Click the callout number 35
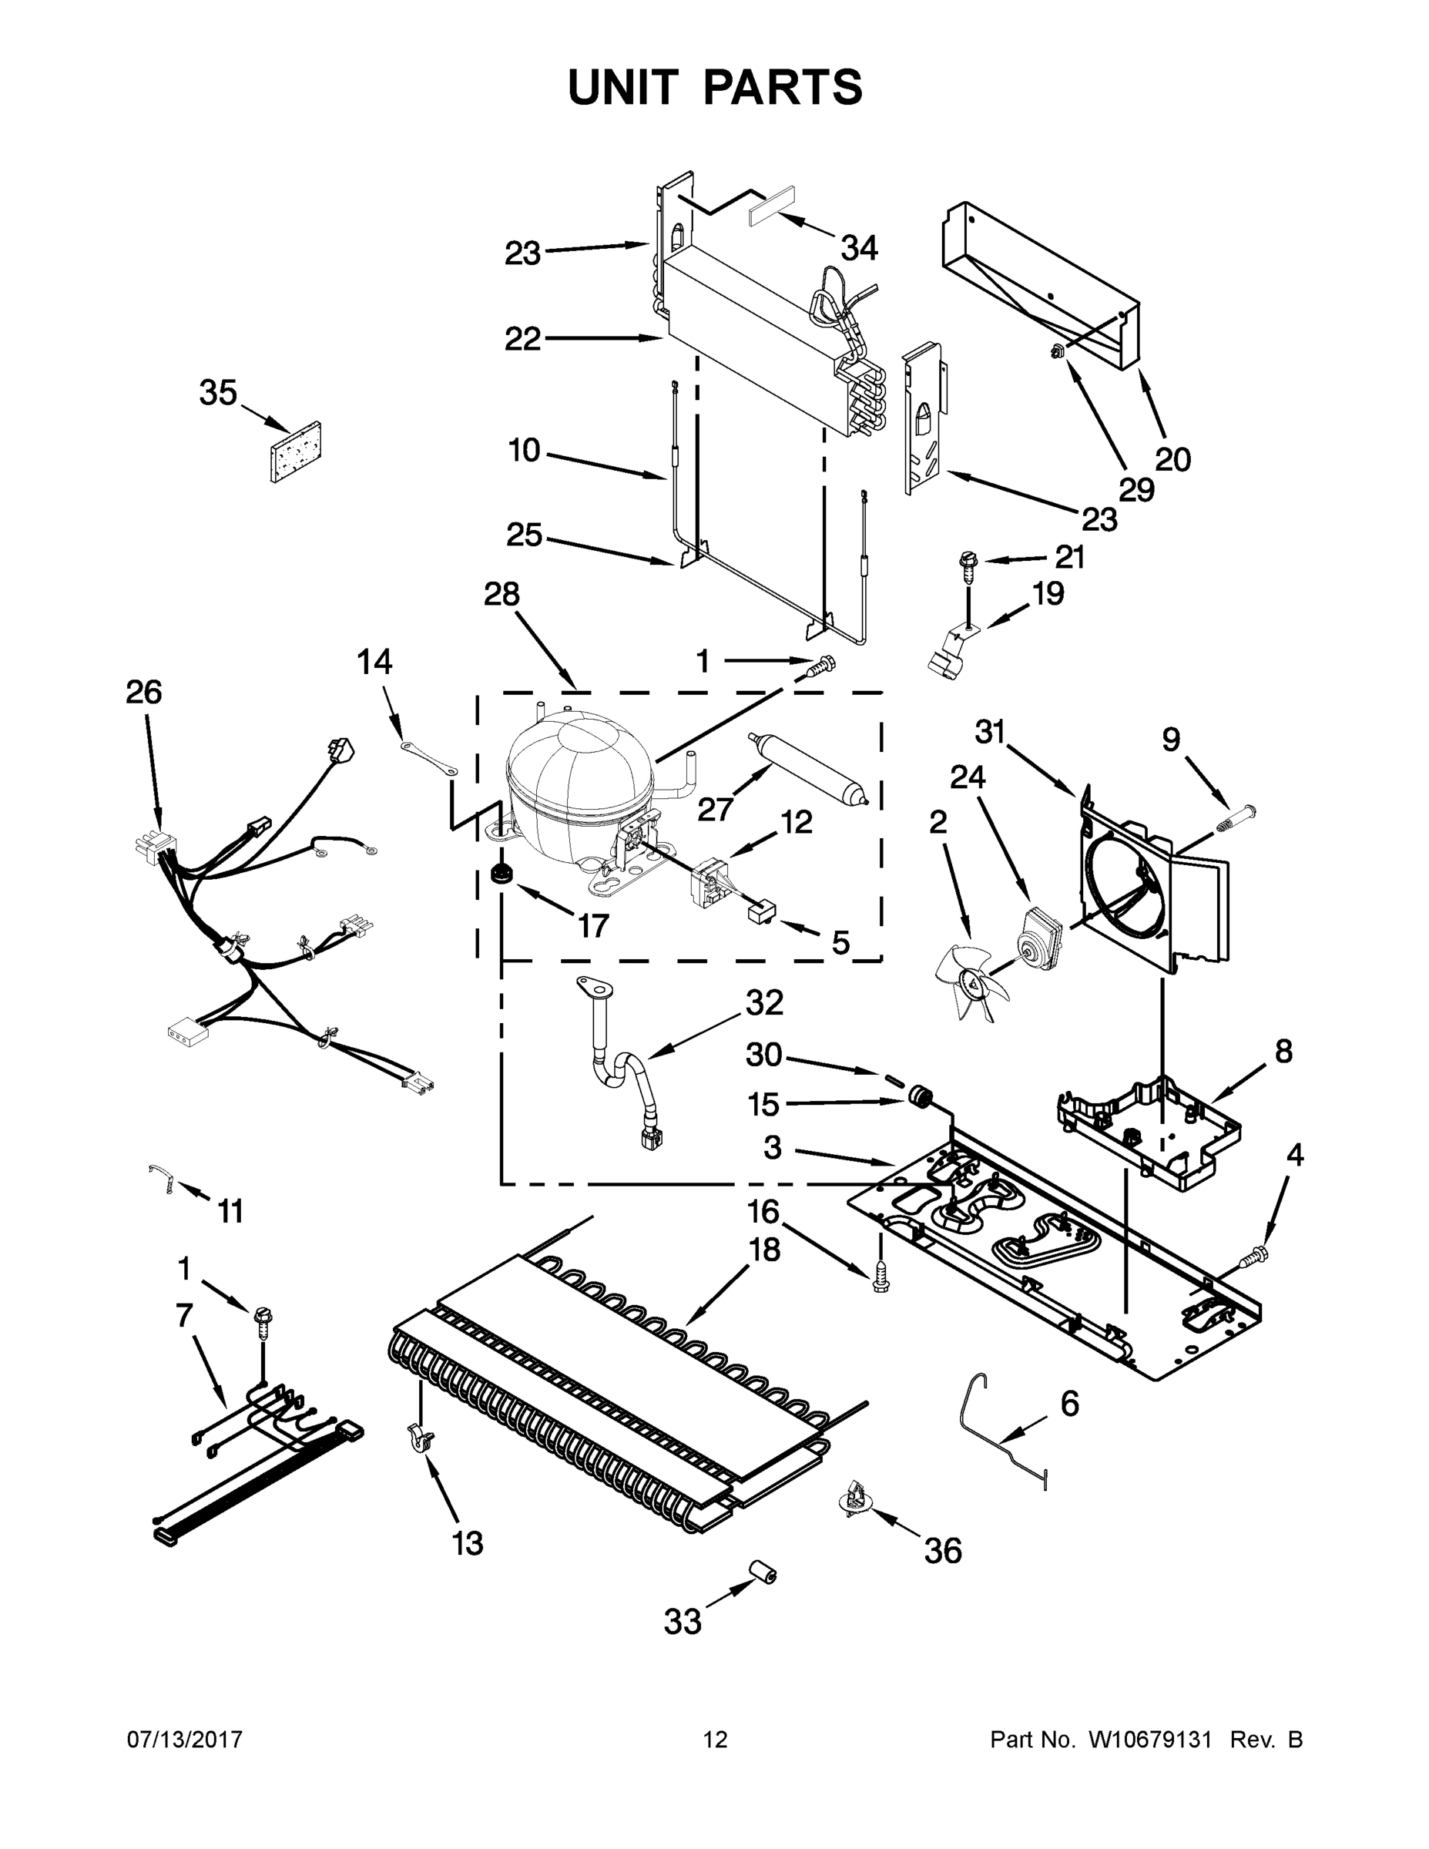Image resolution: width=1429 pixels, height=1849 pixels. [219, 393]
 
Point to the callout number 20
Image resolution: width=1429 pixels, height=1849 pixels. [1172, 459]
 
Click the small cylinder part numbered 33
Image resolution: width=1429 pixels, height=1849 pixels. [762, 1574]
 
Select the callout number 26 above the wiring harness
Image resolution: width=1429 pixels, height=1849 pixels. [143, 692]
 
